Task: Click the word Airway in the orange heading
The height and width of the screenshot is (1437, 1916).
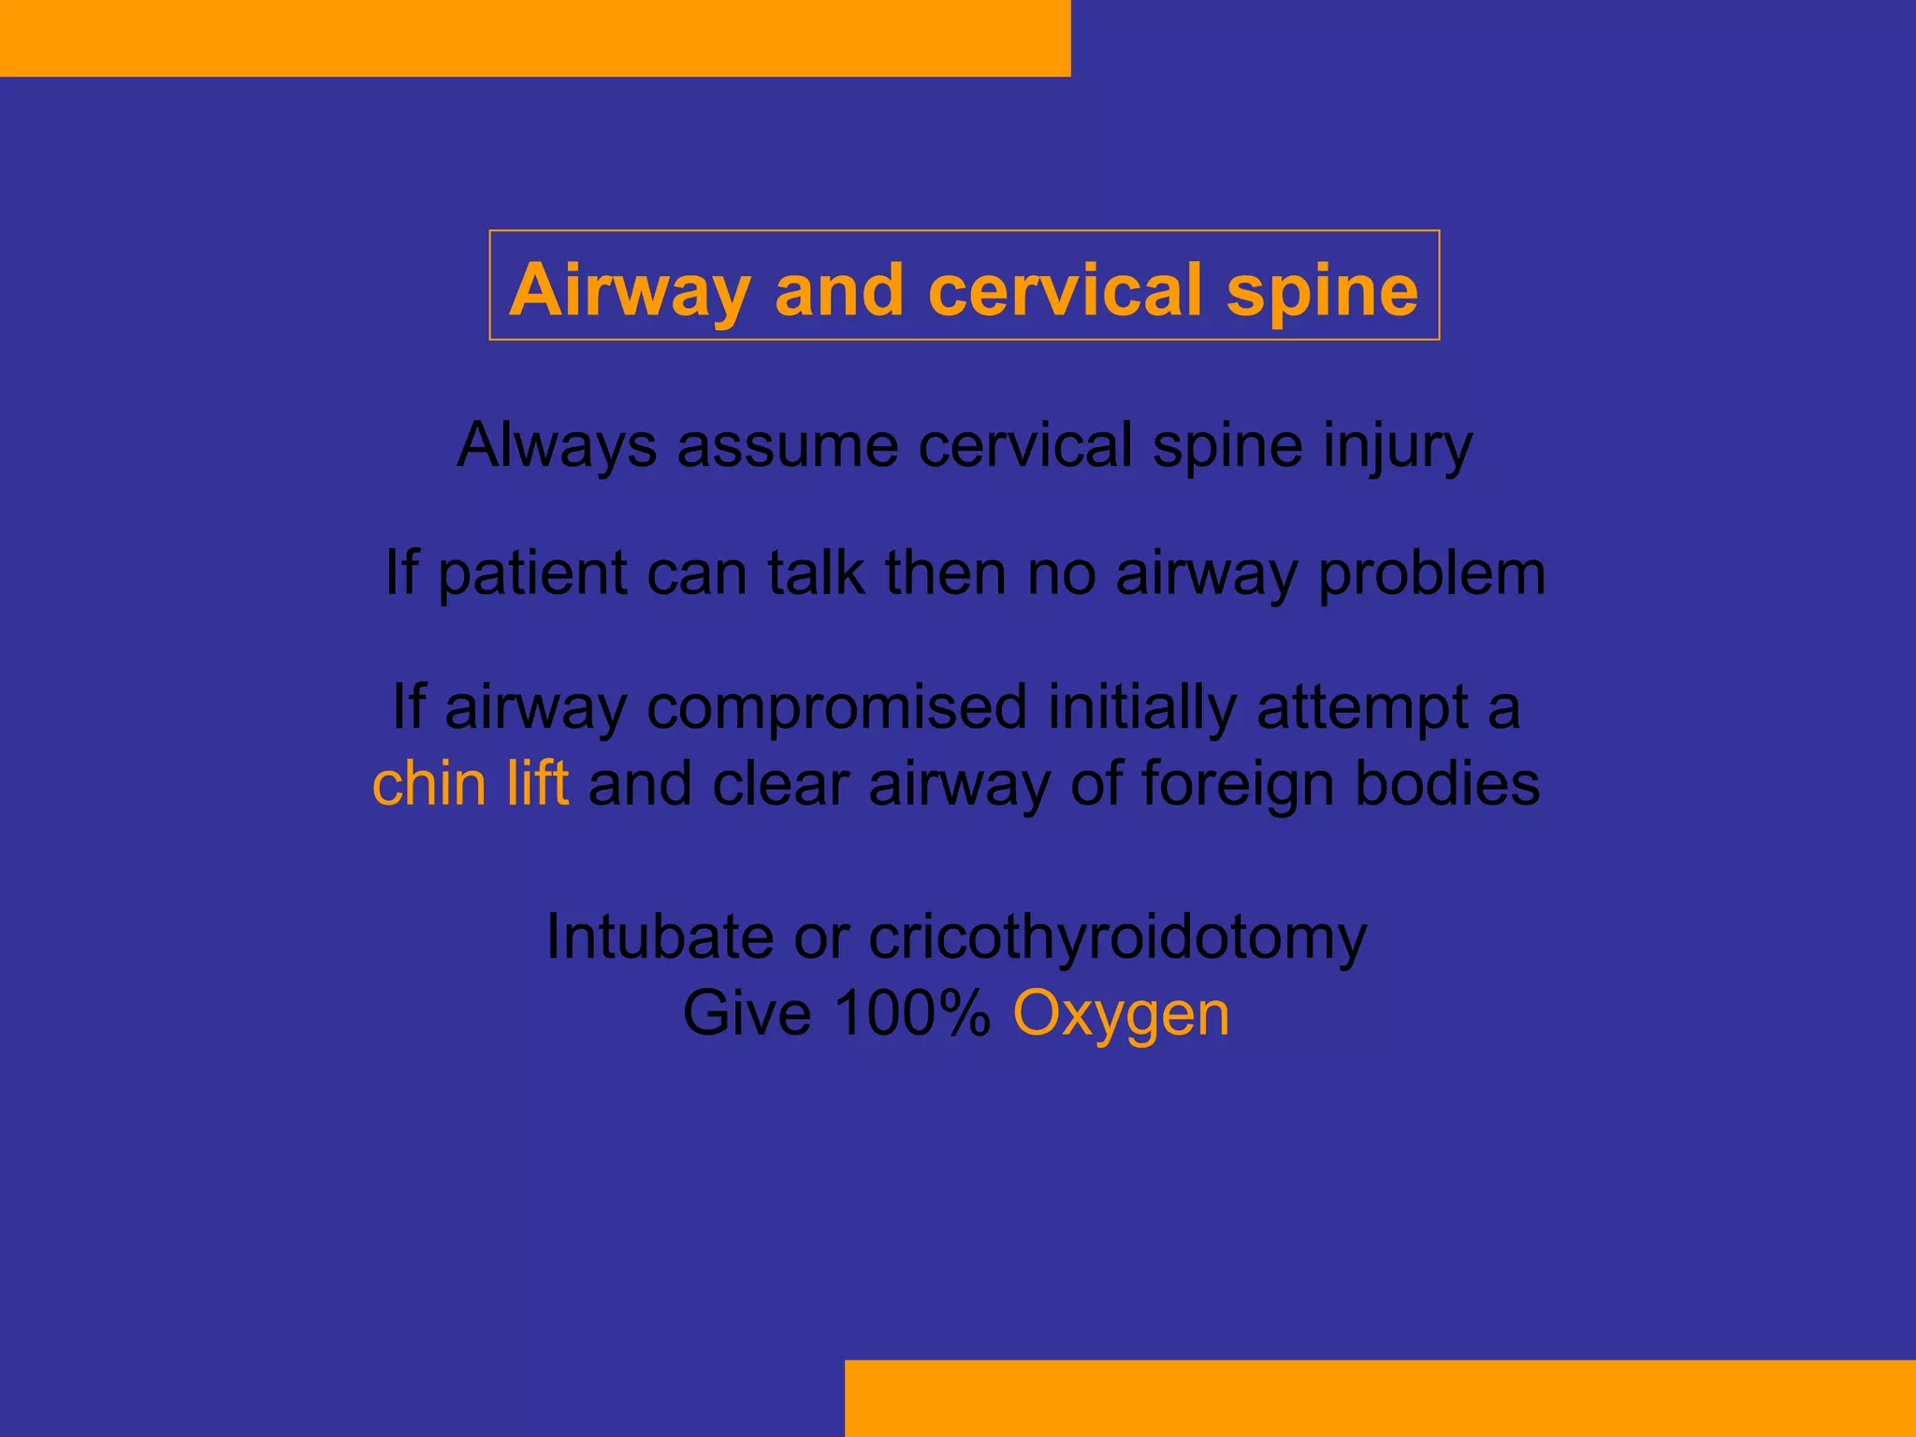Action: (630, 290)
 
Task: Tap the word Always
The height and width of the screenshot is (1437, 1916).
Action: (557, 445)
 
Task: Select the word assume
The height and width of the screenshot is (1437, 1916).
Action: (788, 445)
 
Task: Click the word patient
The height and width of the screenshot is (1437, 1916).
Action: (531, 573)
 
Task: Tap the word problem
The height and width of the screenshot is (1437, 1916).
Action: (1431, 573)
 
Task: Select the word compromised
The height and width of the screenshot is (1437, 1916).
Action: (836, 708)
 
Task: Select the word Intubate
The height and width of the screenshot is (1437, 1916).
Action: (660, 936)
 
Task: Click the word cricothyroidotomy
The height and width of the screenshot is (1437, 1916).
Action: (1117, 938)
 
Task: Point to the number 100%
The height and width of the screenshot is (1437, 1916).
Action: (911, 1013)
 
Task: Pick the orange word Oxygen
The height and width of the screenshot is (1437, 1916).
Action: (1121, 1015)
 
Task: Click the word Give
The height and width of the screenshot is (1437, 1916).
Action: (747, 1013)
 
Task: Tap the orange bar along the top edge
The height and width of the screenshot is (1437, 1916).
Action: (535, 37)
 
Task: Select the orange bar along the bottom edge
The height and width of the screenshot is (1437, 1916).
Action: (1380, 1398)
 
